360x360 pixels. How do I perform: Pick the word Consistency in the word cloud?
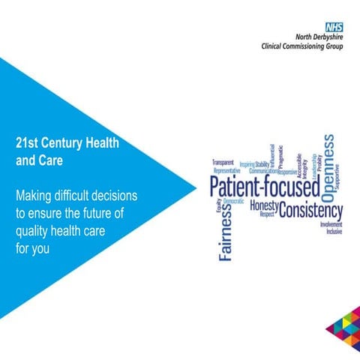tap(310, 210)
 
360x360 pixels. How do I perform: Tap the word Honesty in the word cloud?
tap(263, 205)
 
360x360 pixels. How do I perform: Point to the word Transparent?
tap(223, 162)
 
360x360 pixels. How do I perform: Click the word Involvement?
tap(331, 224)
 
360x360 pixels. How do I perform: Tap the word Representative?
tap(226, 170)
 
